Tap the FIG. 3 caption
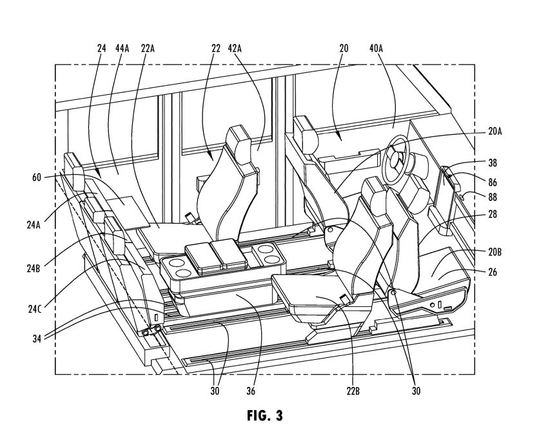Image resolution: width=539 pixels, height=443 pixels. pyautogui.click(x=265, y=415)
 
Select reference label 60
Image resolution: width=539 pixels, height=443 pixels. pyautogui.click(x=37, y=177)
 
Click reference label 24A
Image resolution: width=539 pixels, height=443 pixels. pyautogui.click(x=34, y=225)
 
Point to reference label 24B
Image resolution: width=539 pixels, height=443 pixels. pyautogui.click(x=34, y=268)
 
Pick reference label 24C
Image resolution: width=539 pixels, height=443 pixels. pyautogui.click(x=35, y=309)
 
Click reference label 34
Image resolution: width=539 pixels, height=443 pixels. pyautogui.click(x=37, y=339)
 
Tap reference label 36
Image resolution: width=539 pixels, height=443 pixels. pyautogui.click(x=251, y=391)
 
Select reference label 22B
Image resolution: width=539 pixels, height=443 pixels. pyautogui.click(x=353, y=391)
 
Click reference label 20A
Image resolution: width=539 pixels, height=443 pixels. pyautogui.click(x=495, y=132)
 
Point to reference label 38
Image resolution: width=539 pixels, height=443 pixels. pyautogui.click(x=493, y=162)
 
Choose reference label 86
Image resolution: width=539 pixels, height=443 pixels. pyautogui.click(x=493, y=182)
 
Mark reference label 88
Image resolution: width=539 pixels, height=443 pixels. pyautogui.click(x=493, y=197)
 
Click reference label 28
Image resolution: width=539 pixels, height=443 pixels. pyautogui.click(x=493, y=215)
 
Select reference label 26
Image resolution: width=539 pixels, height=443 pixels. pyautogui.click(x=493, y=272)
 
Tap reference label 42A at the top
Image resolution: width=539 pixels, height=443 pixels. pyautogui.click(x=235, y=48)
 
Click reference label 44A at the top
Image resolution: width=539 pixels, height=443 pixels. pyautogui.click(x=122, y=48)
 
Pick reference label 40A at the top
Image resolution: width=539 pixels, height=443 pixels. pyautogui.click(x=376, y=48)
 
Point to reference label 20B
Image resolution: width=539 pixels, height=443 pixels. pyautogui.click(x=495, y=252)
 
